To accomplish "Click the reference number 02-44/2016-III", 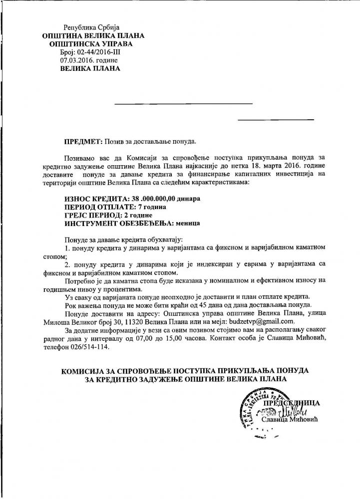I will [x=98, y=51].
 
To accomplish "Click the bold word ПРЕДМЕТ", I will [x=82, y=142].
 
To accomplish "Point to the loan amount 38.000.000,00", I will [x=159, y=198].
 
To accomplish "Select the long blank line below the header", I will [x=184, y=103].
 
